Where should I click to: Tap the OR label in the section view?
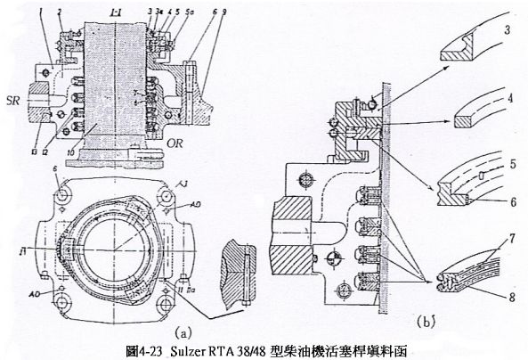tap(175, 140)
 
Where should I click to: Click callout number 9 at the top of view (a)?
tap(201, 8)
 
